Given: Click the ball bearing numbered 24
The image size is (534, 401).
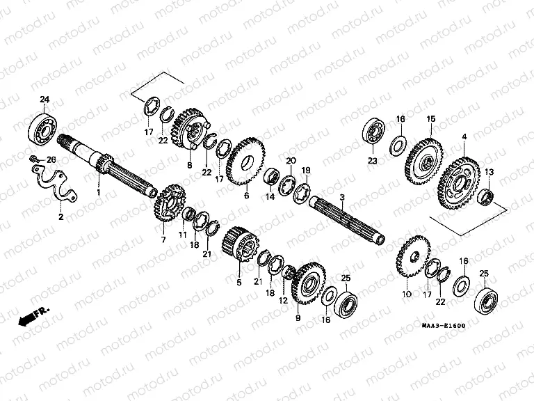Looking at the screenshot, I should [x=43, y=127].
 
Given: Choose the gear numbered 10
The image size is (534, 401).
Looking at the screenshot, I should [x=413, y=263].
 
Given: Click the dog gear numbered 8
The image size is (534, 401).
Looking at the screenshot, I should [x=190, y=129].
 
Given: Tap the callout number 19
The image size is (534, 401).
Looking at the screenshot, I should [x=305, y=170].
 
